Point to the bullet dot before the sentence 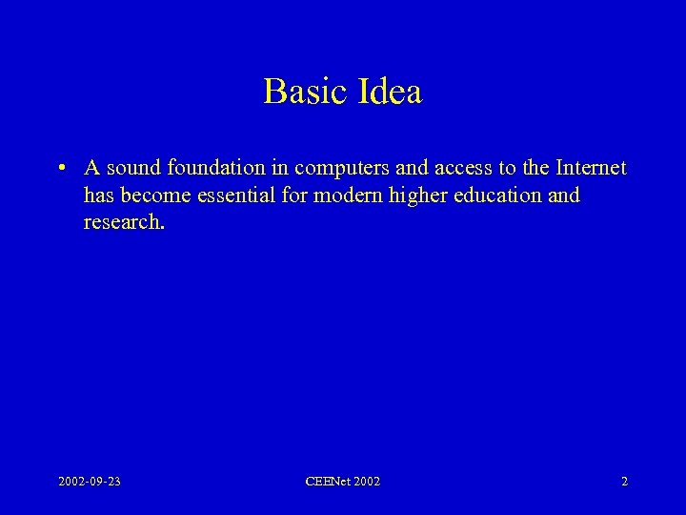pos(60,169)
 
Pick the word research pos(124,222)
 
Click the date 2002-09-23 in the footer pos(89,482)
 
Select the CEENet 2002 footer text pos(342,482)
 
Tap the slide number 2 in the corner pos(624,482)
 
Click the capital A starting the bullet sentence pos(91,169)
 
